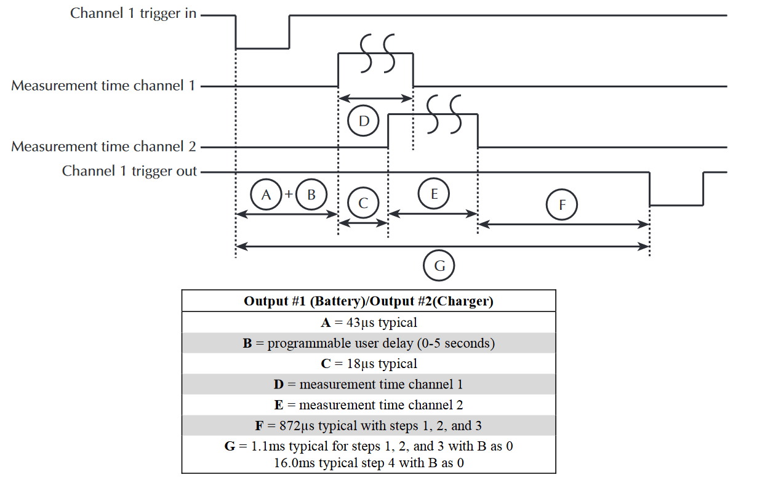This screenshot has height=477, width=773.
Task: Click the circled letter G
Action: [439, 266]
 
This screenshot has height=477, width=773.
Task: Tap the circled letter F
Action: [561, 205]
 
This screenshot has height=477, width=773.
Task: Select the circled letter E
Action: [433, 194]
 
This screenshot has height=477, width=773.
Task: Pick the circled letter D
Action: [363, 121]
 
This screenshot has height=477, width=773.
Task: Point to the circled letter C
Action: [363, 204]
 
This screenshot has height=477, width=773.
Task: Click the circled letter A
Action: [266, 194]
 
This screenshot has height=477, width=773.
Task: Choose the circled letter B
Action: [311, 194]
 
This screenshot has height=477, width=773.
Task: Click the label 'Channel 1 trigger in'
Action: [134, 13]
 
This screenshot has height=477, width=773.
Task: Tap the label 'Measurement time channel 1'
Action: [103, 86]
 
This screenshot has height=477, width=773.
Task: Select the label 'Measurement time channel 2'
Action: [103, 146]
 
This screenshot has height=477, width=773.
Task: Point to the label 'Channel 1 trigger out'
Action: [129, 171]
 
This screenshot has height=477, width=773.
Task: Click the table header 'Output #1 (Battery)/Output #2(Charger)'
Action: [368, 301]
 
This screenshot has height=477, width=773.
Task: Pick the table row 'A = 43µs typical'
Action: [368, 322]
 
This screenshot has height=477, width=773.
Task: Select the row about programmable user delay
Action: [368, 343]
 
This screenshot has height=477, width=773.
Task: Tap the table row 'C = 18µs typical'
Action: [368, 364]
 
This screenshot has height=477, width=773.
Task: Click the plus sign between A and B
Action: [289, 194]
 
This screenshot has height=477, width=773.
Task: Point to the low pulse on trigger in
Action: [263, 47]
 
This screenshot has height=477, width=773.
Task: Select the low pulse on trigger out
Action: [676, 204]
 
